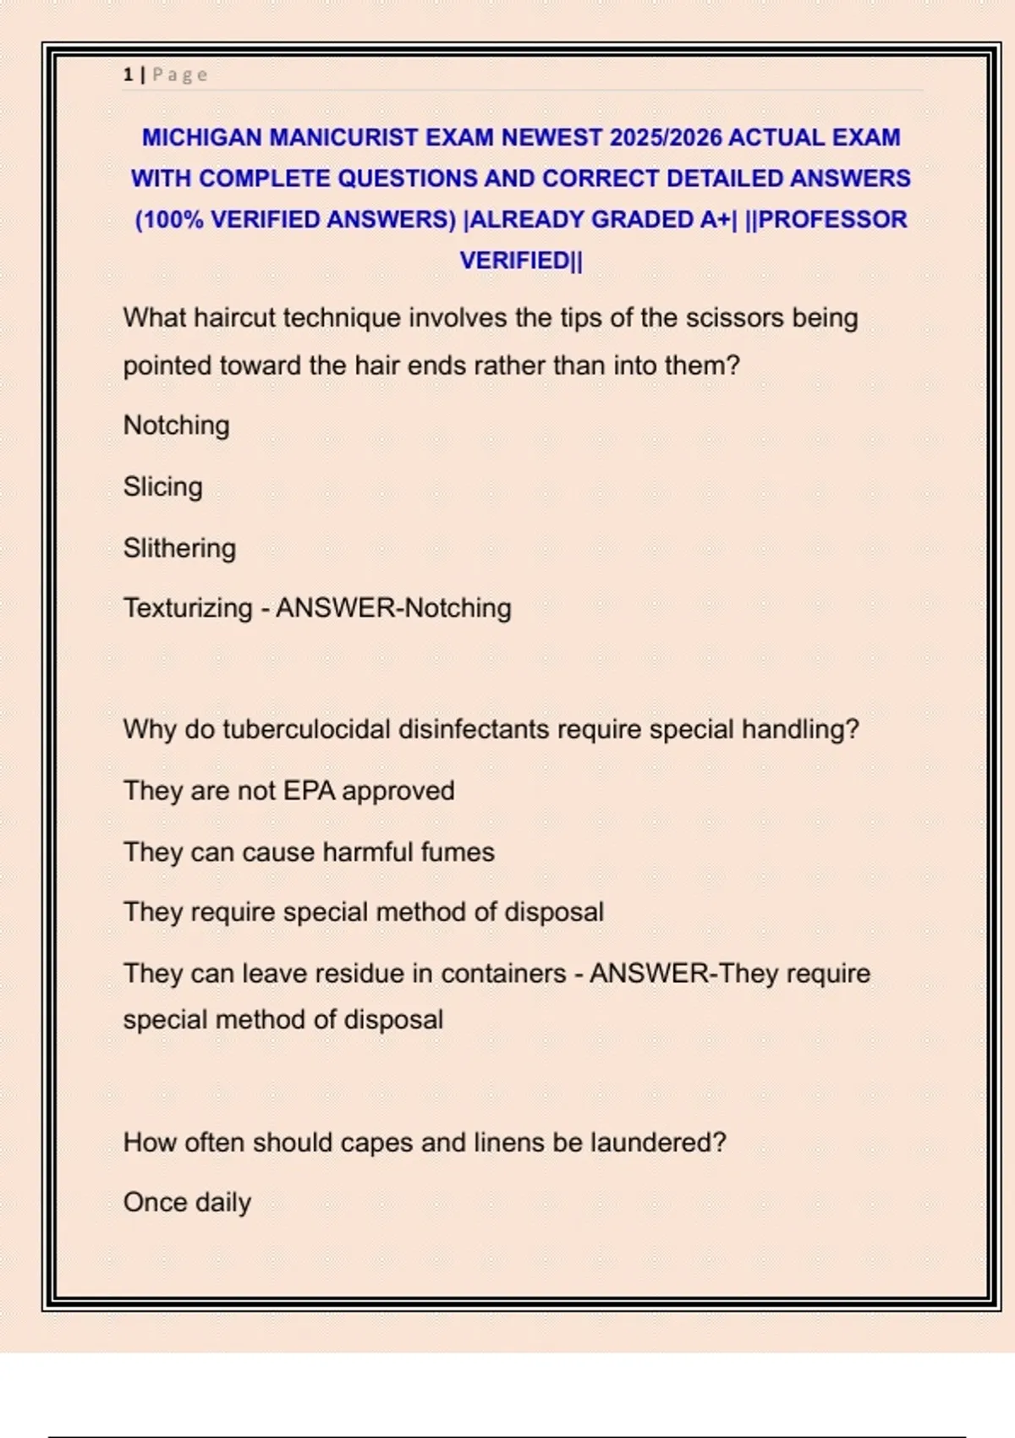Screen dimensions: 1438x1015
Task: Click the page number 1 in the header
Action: (x=128, y=74)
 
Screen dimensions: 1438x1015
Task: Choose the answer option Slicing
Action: (x=162, y=486)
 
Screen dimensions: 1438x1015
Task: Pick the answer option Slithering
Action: (x=179, y=548)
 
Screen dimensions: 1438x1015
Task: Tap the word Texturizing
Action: (x=188, y=608)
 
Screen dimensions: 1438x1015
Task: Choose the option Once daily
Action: (x=187, y=1203)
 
